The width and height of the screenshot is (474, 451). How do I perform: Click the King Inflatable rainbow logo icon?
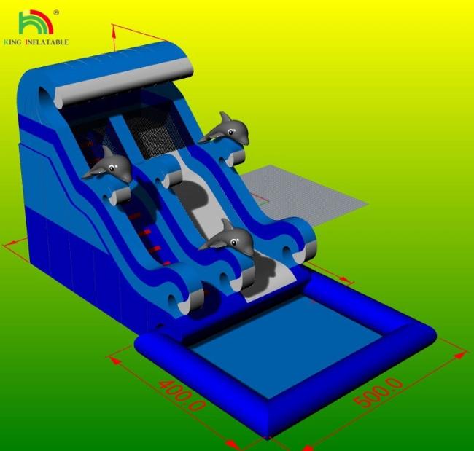(x=36, y=22)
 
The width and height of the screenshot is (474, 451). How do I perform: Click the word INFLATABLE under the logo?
(x=47, y=42)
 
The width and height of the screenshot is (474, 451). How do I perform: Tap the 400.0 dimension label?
(x=182, y=396)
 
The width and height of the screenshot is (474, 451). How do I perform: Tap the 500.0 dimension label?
(x=378, y=392)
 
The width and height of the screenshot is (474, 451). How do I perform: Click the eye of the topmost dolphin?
(x=231, y=132)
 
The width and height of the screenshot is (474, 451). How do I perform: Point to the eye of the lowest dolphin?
(x=233, y=242)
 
